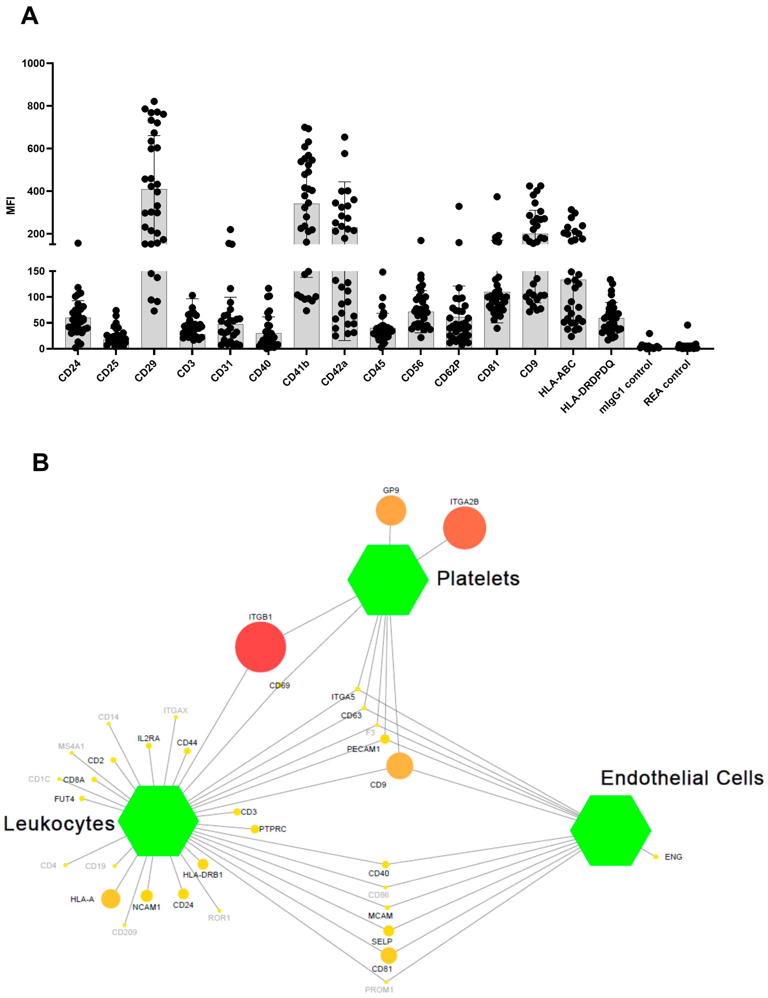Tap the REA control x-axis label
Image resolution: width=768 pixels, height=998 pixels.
666,383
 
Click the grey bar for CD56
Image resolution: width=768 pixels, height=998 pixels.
420,330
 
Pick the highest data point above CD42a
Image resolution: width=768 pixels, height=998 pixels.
345,137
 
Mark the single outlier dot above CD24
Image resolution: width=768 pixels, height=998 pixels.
78,243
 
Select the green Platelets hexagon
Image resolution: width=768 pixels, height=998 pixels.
388,579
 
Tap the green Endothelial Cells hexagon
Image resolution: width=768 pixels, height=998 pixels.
610,830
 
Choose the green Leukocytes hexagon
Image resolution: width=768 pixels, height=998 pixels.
158,821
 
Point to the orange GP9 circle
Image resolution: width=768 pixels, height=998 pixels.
391,510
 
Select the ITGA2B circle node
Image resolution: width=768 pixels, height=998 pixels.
464,528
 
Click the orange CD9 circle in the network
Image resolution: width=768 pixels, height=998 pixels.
399,766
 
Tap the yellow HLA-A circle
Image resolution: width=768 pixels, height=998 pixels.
111,899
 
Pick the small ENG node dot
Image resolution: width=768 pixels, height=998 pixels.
656,857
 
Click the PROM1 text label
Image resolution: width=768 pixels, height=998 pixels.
379,990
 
